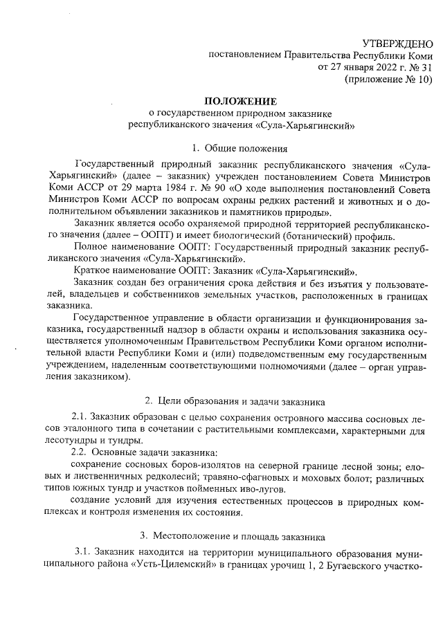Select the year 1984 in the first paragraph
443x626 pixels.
coord(163,187)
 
